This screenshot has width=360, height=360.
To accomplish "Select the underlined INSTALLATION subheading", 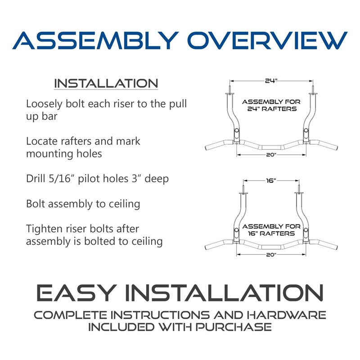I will click(106, 84).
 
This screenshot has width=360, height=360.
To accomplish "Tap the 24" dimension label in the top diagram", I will click(270, 81).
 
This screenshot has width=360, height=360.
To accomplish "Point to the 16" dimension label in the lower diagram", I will click(270, 180).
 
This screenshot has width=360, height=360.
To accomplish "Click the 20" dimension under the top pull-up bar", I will click(270, 154).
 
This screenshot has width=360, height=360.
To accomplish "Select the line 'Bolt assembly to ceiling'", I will click(83, 203).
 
